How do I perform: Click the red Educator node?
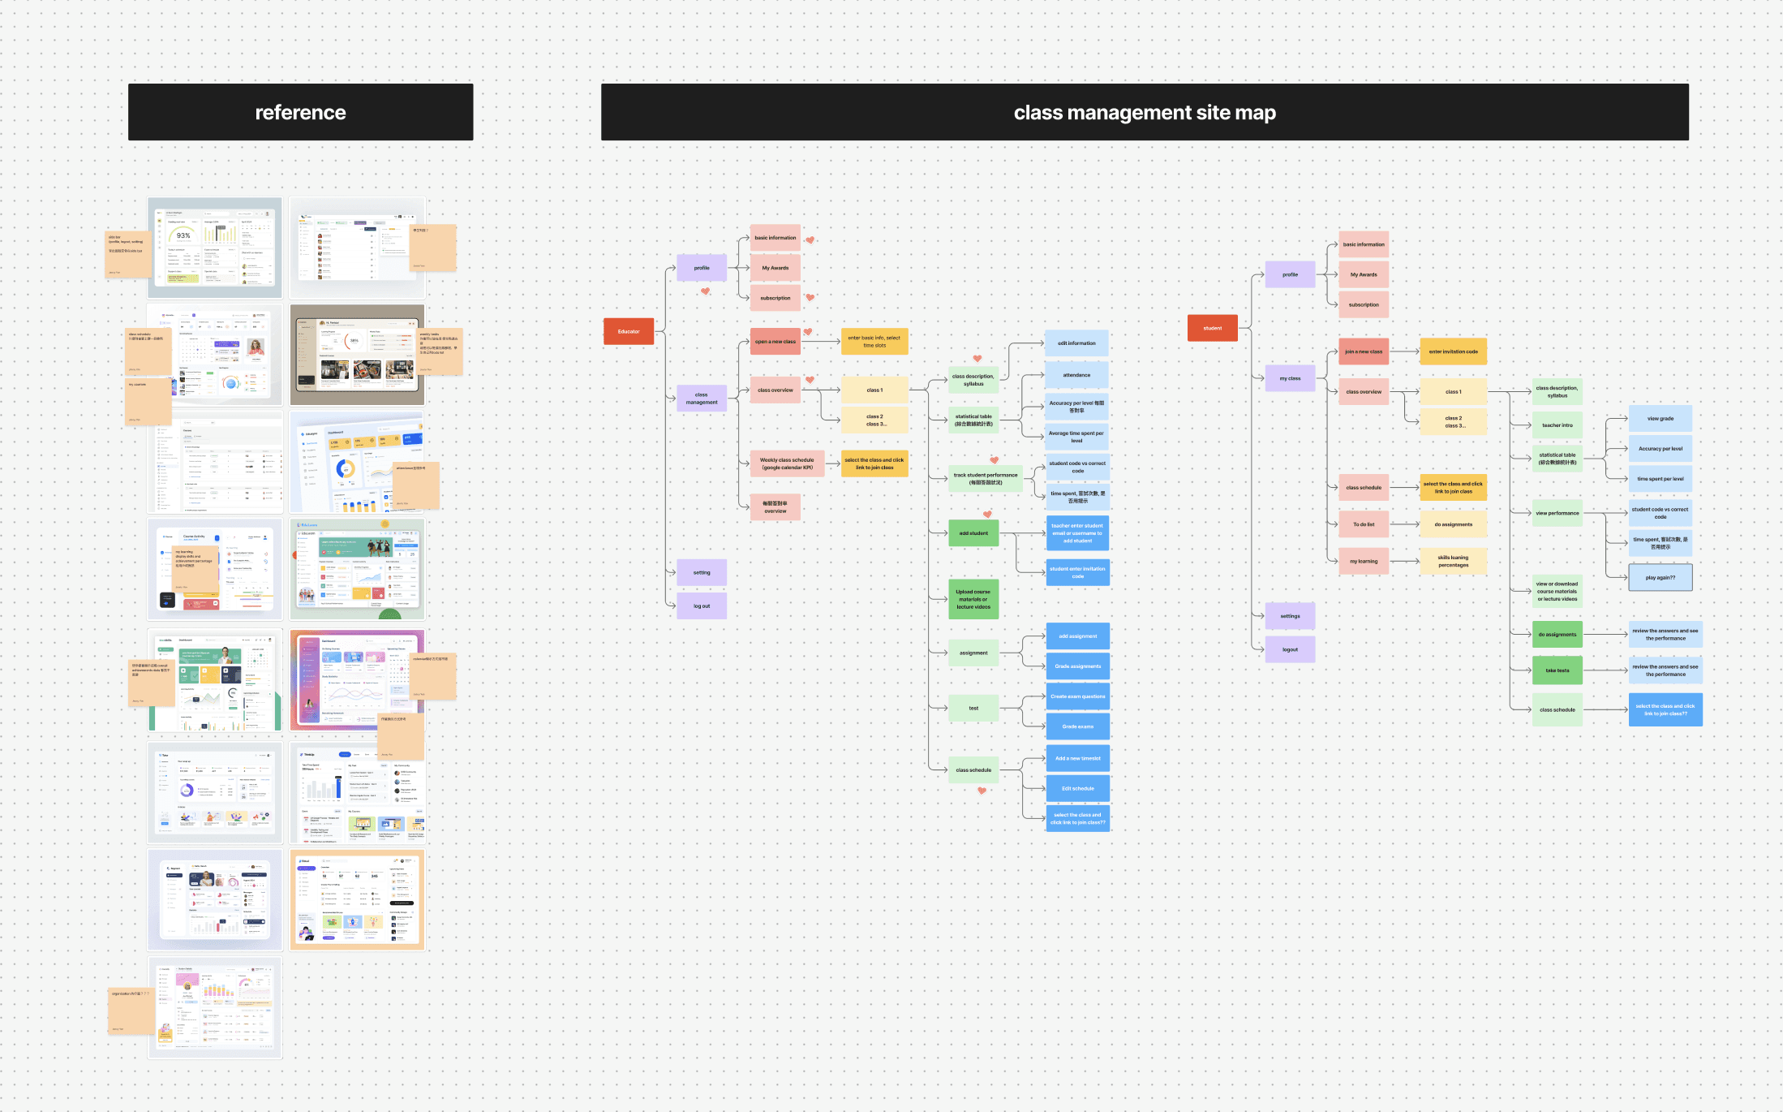pos(629,331)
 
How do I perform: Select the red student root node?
pos(1212,328)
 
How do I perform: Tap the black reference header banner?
pos(300,112)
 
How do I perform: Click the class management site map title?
pos(1144,112)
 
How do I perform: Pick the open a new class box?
pos(775,342)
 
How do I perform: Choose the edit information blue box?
pos(1076,343)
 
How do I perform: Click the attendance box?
pos(1076,375)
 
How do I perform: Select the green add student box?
pos(973,533)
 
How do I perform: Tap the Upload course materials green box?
pos(973,599)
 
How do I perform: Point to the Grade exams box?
pos(1077,726)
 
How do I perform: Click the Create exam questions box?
pos(1077,696)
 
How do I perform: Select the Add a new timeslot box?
pos(1077,758)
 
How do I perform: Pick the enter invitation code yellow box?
pos(1453,351)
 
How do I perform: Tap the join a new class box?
pos(1364,351)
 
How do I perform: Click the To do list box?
pos(1364,524)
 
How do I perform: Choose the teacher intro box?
pos(1557,425)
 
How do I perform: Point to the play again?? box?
pos(1660,577)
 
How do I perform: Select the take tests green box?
pos(1557,670)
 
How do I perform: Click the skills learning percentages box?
pos(1453,561)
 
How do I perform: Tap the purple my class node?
pos(1290,378)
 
